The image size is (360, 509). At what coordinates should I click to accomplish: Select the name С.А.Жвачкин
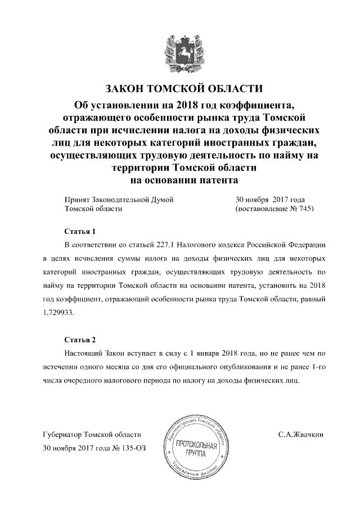(x=301, y=435)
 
